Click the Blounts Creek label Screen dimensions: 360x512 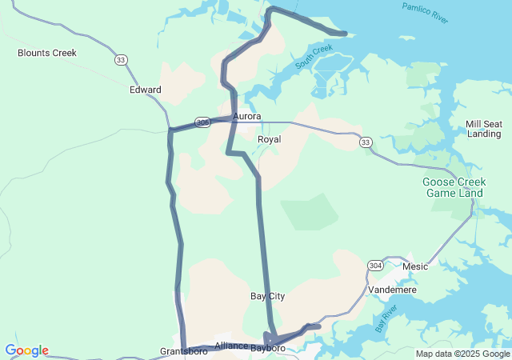(x=47, y=53)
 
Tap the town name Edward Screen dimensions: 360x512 (x=146, y=90)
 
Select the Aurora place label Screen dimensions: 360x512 (x=246, y=117)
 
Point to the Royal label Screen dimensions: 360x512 (x=269, y=139)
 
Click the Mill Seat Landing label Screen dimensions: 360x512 (x=484, y=129)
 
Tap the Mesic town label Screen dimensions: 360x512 (x=415, y=266)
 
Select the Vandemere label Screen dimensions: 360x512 (x=392, y=290)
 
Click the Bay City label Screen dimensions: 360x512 (x=267, y=296)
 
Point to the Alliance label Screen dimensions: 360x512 (x=231, y=346)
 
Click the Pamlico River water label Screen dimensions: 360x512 (x=426, y=13)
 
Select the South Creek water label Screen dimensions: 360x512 (x=313, y=55)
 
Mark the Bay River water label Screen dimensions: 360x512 (x=386, y=318)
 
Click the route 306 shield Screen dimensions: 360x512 (x=202, y=122)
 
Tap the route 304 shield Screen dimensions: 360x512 (x=375, y=265)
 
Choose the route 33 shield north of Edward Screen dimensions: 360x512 (x=121, y=59)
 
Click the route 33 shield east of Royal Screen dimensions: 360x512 (x=366, y=142)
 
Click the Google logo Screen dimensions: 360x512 (x=27, y=350)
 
